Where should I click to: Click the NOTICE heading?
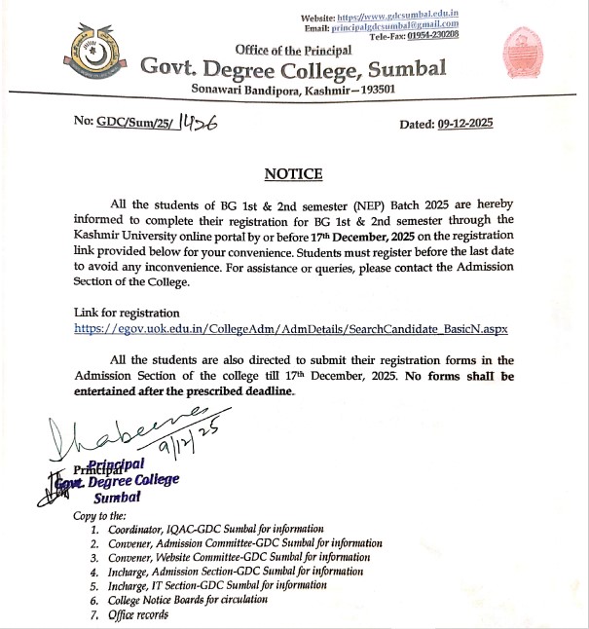tap(293, 174)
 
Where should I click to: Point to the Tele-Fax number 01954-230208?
tap(433, 36)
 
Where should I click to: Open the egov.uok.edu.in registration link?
tap(291, 329)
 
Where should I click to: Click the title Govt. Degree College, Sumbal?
tap(294, 68)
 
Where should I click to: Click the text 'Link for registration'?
tap(127, 313)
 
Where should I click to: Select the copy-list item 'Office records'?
tap(138, 614)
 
